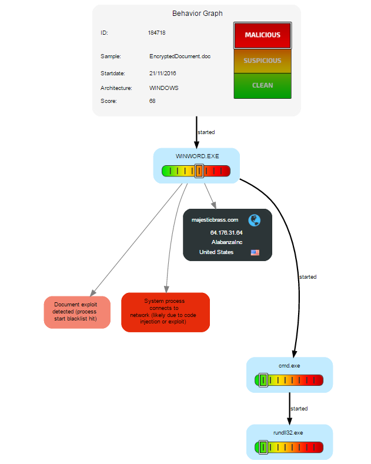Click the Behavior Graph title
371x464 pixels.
pos(197,14)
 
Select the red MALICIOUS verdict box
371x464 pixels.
pos(262,35)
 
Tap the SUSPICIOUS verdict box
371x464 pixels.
pos(262,61)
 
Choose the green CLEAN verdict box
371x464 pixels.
pos(262,85)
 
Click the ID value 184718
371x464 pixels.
pos(156,33)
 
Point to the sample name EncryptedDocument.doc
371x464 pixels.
pos(180,56)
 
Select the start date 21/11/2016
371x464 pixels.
pos(163,74)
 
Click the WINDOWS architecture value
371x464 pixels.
pos(164,88)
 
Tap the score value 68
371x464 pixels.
pos(152,101)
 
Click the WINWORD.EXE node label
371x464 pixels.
pos(196,156)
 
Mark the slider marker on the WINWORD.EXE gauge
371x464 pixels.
pos(200,171)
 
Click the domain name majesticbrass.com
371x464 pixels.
pos(215,220)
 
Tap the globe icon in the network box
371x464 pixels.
pos(254,220)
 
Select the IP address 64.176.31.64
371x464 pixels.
pos(226,233)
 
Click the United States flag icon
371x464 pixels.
pos(255,252)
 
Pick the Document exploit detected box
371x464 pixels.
pos(77,312)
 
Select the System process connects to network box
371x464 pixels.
pos(165,312)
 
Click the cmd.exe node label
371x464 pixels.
pos(289,365)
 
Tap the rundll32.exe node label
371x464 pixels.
pos(289,433)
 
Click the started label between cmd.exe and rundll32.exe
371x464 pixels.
pos(299,408)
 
